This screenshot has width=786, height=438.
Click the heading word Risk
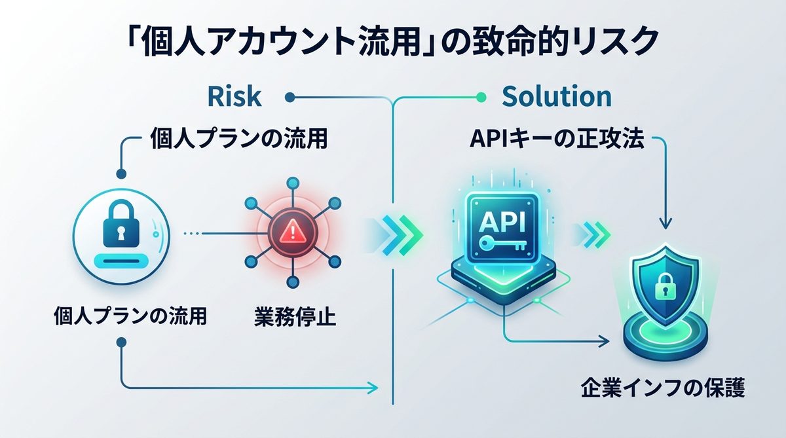pos(234,97)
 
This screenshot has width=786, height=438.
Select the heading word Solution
pos(556,97)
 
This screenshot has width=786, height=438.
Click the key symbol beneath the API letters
pos(499,244)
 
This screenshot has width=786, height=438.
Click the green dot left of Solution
pos(482,98)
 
